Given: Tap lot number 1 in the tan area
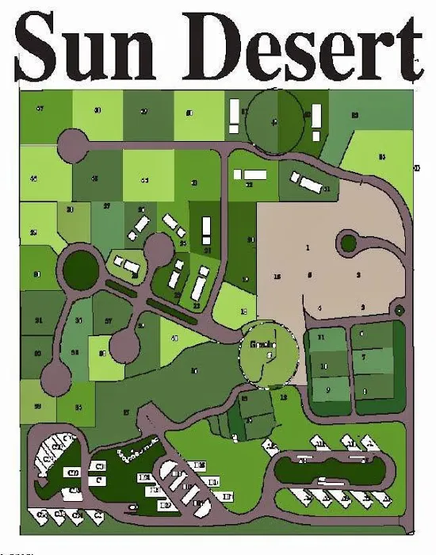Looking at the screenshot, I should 307,248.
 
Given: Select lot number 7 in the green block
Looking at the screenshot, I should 363,358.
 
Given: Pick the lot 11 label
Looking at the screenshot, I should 321,339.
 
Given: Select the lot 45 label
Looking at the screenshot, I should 33,179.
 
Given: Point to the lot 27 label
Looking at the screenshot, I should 106,206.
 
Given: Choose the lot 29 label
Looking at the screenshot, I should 33,232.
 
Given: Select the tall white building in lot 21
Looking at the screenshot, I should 206,230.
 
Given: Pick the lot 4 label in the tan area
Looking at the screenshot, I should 320,308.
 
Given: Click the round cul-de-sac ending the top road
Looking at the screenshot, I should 74,145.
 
